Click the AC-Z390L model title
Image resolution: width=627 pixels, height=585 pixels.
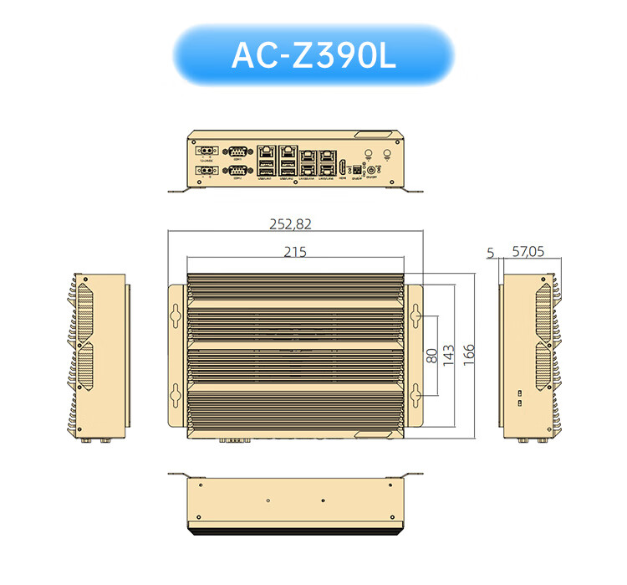(313, 55)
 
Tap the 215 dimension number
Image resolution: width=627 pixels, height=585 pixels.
(295, 252)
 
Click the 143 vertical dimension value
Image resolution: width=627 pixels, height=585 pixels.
(449, 355)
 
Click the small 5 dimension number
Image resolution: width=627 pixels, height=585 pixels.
(490, 251)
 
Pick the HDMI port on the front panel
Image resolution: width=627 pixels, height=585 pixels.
(343, 164)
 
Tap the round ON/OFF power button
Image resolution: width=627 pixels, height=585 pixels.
(370, 170)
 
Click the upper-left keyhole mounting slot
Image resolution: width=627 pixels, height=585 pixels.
(176, 313)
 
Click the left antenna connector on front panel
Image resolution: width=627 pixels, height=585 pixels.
(368, 153)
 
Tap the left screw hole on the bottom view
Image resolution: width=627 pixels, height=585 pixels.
(267, 500)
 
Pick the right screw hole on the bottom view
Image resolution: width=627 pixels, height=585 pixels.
(323, 500)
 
